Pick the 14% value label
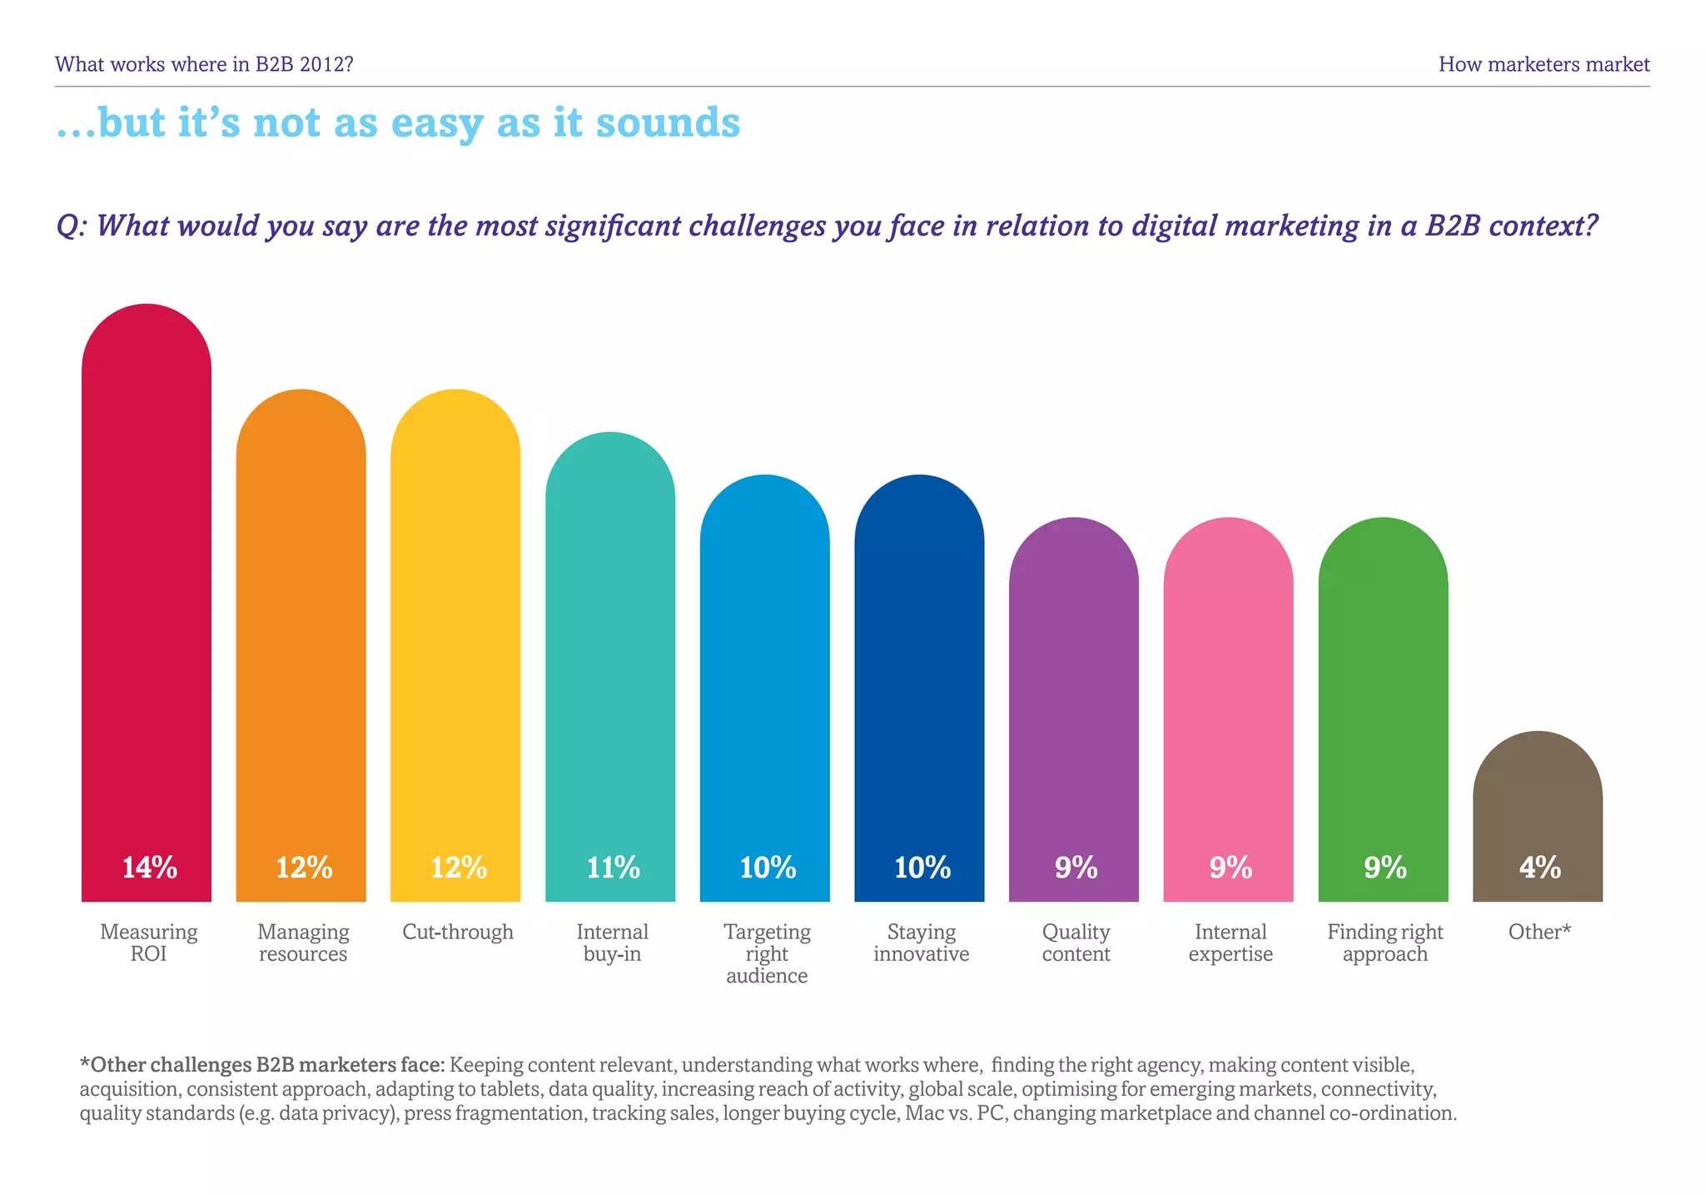150,868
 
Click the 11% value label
613,868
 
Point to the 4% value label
1539,868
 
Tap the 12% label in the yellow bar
459,868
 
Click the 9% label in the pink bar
1230,868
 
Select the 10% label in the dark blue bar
922,868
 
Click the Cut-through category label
458,932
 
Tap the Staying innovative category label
921,943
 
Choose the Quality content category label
1076,943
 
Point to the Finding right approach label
1384,943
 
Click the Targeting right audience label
767,953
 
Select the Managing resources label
303,943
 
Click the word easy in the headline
436,122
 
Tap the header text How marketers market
1543,64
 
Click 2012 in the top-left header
321,64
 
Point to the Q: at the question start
72,226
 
